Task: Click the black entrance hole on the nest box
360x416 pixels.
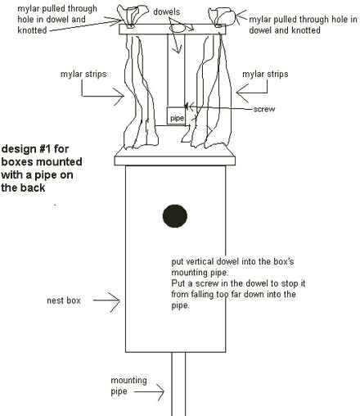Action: pos(175,216)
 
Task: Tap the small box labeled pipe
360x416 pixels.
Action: pos(176,115)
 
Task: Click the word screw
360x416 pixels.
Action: pos(264,109)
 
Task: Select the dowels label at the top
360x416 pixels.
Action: pos(167,11)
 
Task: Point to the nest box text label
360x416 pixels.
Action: pos(64,301)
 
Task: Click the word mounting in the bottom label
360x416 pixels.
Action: pos(128,381)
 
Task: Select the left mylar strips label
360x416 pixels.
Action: pos(83,75)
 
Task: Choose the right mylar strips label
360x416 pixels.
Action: pos(265,75)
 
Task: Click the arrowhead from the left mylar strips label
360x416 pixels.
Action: pos(119,97)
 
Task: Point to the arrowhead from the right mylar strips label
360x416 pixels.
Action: pos(242,93)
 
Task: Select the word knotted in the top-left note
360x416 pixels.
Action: pos(32,30)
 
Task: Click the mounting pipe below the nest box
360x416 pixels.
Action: pos(178,384)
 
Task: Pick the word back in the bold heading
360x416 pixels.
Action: pos(34,188)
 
